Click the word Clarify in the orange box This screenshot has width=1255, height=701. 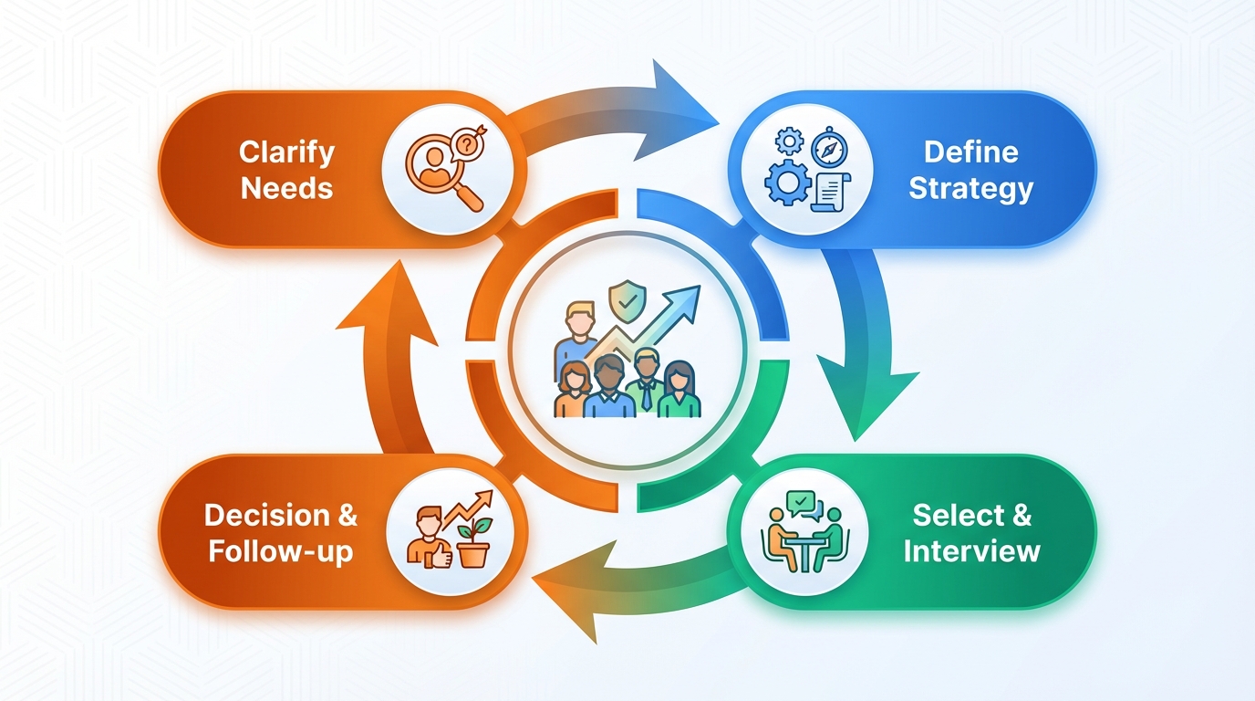(286, 152)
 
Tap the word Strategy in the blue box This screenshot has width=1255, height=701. (970, 189)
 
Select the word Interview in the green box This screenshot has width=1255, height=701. (971, 551)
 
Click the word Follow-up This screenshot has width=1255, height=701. (280, 552)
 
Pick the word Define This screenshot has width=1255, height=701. (970, 152)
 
